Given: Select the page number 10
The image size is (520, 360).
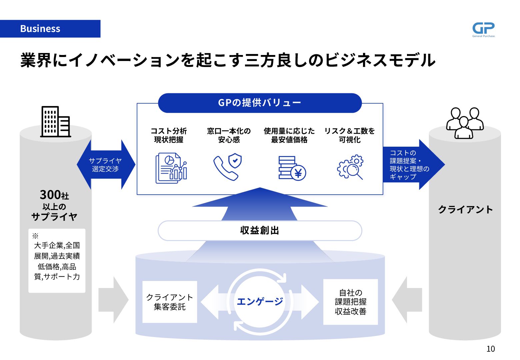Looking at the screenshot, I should click(x=490, y=349).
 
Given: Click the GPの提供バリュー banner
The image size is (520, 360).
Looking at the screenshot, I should click(x=260, y=103).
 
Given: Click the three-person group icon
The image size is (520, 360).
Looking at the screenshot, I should click(x=465, y=123).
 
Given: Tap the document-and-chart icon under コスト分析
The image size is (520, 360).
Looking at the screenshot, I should click(x=171, y=168).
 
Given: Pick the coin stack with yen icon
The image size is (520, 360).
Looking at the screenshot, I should click(x=292, y=168).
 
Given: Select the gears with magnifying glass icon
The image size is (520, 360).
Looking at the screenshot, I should click(x=350, y=167).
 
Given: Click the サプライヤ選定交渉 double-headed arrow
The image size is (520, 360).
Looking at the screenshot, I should click(x=106, y=165).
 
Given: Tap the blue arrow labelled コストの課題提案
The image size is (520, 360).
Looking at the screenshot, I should click(x=413, y=165).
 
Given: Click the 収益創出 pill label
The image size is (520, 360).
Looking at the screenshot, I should click(x=260, y=230).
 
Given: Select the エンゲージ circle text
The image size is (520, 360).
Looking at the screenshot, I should click(x=260, y=301).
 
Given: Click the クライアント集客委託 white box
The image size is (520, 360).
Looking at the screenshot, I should click(x=170, y=302).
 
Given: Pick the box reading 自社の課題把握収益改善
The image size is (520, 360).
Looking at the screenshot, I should click(x=350, y=302).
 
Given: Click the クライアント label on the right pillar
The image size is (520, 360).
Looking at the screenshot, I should click(x=465, y=209).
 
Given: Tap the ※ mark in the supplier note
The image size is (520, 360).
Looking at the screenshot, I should click(x=35, y=236).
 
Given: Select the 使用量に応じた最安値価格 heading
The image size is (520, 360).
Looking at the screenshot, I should click(x=289, y=135).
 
